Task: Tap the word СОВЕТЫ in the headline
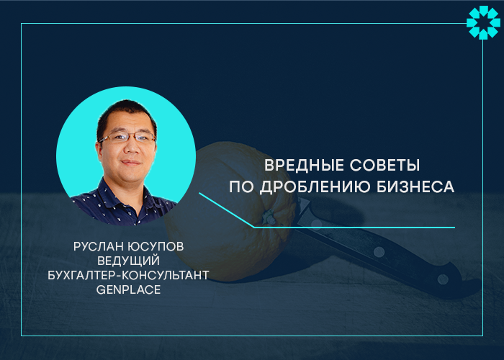(384, 165)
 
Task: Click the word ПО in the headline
(241, 186)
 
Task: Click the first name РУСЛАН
(99, 246)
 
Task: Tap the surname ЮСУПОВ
(156, 246)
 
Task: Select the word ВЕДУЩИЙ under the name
(129, 261)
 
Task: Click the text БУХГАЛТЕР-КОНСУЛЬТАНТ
(129, 275)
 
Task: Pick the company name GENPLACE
(129, 289)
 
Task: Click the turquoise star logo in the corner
(483, 22)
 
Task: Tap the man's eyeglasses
(127, 138)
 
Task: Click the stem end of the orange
(268, 217)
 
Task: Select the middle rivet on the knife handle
(379, 252)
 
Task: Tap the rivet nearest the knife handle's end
(443, 279)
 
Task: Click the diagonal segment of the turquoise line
(226, 210)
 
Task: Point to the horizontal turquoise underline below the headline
(354, 228)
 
